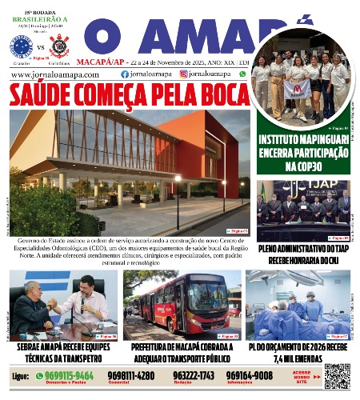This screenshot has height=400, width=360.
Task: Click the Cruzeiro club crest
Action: (18, 42)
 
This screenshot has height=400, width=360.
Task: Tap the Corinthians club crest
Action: (55, 42)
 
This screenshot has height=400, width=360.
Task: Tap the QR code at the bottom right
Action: (336, 375)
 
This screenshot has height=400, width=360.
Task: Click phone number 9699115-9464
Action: (69, 374)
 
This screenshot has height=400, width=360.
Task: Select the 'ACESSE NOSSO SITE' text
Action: (303, 375)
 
